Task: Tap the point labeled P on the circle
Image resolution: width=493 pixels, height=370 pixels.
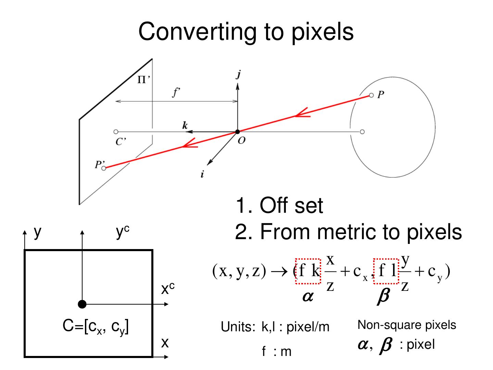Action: pos(371,95)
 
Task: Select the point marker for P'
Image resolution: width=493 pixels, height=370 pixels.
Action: pos(104,168)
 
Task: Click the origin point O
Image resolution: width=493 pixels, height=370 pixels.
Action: pos(237,132)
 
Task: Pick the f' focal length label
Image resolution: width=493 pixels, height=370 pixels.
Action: pos(176,92)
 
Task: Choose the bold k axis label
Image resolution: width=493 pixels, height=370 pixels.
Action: pos(185,125)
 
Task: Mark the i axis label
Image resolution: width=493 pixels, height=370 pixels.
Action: pos(202,174)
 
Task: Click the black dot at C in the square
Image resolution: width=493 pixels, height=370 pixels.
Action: pos(82,304)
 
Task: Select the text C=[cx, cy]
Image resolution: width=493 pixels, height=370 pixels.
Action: pos(96,327)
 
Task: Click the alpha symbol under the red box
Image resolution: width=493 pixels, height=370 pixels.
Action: pos(307,297)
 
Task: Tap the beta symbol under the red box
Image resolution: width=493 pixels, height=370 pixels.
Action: pos(383,297)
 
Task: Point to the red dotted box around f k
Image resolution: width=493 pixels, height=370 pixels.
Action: pos(308,271)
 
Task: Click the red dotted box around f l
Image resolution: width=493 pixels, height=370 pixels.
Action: pos(386,271)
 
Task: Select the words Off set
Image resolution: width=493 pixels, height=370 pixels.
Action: pos(291,206)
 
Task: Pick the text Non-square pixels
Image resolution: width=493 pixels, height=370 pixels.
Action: pos(407,325)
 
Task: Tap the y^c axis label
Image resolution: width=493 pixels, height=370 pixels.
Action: pos(122,232)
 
